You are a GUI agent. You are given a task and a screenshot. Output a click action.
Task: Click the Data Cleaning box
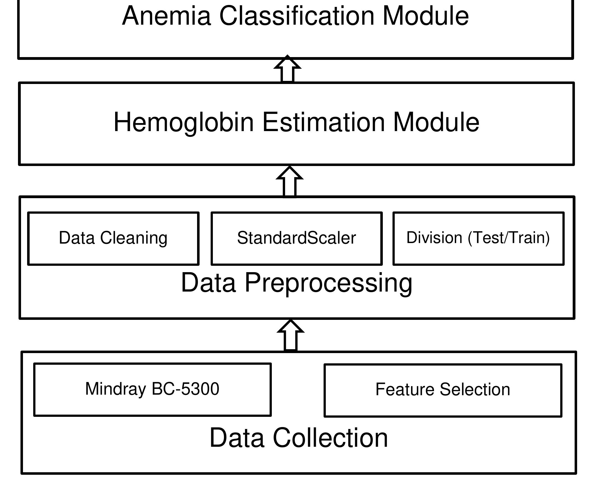coord(113,238)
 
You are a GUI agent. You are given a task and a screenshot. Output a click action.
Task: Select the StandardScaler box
coord(296,238)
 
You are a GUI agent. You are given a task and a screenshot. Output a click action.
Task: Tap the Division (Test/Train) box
coord(478,238)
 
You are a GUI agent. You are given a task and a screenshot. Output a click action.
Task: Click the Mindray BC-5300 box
coord(152,389)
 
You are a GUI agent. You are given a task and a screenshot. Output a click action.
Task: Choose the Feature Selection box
coord(443,390)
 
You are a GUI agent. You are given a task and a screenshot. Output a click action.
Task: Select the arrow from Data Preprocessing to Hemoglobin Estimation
coord(290,182)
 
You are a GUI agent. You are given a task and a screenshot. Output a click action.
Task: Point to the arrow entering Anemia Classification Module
coord(287,69)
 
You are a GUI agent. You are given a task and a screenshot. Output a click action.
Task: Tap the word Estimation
coord(324,122)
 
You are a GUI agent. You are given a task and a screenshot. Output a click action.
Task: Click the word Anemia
coord(166,16)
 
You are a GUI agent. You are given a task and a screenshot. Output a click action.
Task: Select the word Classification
coord(296,16)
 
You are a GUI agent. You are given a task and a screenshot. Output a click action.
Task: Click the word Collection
coord(330,438)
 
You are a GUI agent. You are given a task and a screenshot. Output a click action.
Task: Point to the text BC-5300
coord(185,389)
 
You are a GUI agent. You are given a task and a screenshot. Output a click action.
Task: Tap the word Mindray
coord(115,389)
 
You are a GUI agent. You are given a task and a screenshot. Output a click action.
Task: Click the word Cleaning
coord(134,238)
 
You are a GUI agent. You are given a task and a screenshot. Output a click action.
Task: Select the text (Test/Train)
coord(509,238)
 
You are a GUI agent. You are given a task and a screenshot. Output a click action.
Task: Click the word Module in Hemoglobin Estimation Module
coord(436,122)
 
